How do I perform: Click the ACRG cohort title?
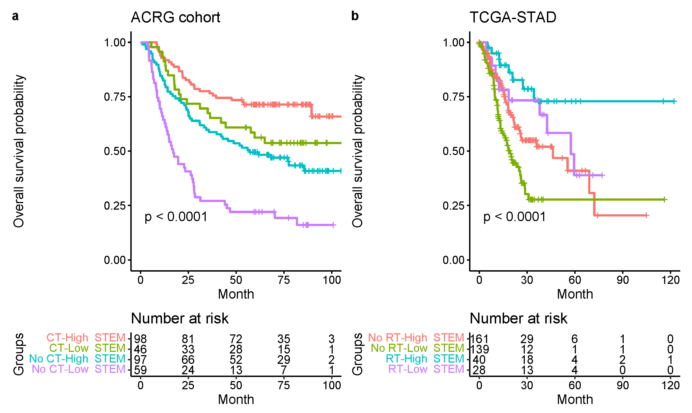[175, 17]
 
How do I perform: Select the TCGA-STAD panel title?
[513, 17]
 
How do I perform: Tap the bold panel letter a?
[15, 16]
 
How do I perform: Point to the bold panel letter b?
[355, 16]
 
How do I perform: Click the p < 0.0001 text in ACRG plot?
[176, 217]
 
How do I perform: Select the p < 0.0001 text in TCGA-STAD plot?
[515, 217]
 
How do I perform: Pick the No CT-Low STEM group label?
[78, 369]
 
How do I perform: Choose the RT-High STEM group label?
[425, 359]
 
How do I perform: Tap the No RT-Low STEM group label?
[417, 348]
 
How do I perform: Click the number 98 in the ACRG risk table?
[140, 339]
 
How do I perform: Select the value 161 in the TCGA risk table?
[479, 339]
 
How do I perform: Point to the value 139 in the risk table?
[479, 349]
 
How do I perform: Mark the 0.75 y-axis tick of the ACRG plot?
[115, 97]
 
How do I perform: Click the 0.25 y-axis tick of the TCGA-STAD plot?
[454, 206]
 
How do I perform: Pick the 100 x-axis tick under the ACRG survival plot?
[332, 280]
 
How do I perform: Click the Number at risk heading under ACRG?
[179, 318]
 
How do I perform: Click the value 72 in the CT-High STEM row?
[236, 339]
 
